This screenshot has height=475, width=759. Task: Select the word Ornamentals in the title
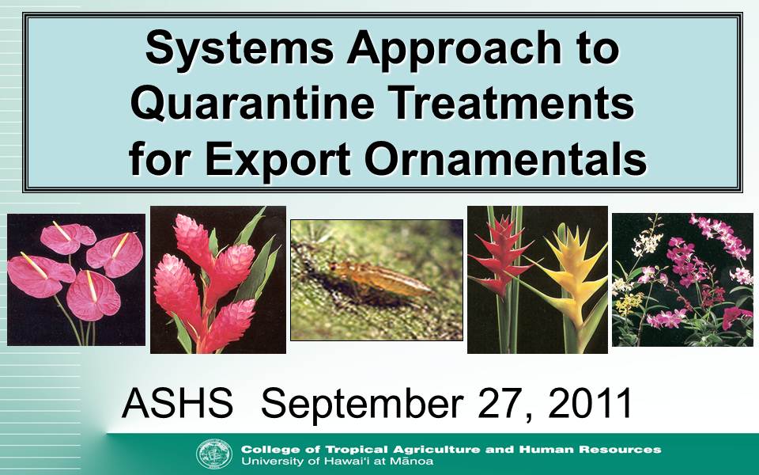click(505, 160)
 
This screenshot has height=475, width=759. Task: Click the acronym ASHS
click(177, 403)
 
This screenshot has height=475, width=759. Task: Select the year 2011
click(590, 403)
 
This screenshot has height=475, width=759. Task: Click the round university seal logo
click(214, 454)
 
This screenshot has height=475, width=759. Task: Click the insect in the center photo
click(380, 279)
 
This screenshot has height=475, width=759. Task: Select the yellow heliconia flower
click(574, 277)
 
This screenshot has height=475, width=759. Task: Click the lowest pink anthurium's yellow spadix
click(90, 286)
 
